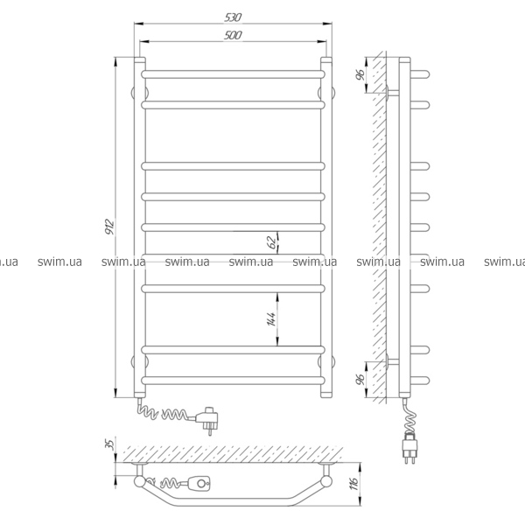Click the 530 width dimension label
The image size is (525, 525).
(233, 17)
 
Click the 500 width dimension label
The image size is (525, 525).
(233, 35)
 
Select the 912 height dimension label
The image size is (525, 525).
(110, 227)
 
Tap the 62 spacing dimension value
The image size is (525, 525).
(273, 242)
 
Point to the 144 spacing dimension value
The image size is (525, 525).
(271, 318)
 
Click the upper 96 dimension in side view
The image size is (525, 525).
(360, 74)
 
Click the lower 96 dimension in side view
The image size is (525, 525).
(360, 379)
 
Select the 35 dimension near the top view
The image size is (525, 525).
(110, 444)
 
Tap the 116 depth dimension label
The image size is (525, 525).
(353, 484)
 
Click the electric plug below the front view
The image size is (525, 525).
(208, 420)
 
